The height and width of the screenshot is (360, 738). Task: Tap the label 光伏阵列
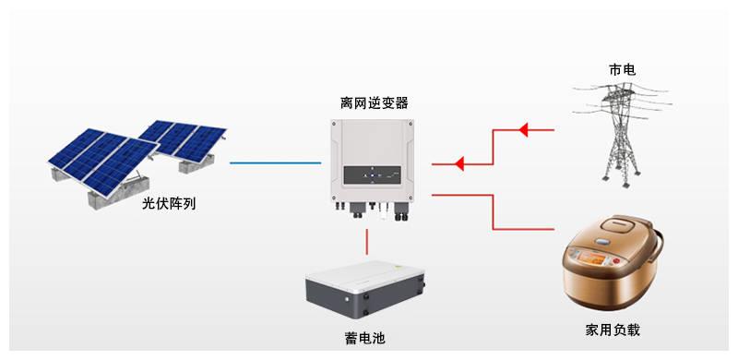[170, 204]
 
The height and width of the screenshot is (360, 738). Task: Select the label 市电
[622, 70]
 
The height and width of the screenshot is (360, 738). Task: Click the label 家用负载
[613, 330]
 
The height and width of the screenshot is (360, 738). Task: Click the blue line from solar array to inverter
[271, 163]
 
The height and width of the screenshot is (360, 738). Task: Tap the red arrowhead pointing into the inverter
[461, 165]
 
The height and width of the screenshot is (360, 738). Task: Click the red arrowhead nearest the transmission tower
[523, 130]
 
